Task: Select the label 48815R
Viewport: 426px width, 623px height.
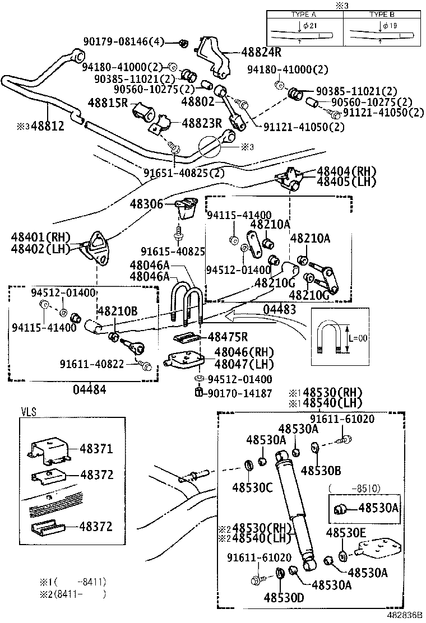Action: (109, 103)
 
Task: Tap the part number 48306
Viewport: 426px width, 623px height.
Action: (147, 204)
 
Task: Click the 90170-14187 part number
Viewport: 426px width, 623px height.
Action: (238, 394)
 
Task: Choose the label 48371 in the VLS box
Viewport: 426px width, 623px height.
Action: (96, 449)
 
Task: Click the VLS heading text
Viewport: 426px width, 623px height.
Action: (28, 412)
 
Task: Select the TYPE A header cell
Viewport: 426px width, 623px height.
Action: (304, 13)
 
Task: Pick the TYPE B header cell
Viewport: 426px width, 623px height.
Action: (382, 13)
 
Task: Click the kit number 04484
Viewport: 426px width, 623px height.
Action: (90, 389)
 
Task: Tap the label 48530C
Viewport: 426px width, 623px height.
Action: (252, 487)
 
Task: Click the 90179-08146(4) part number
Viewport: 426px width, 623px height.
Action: (124, 41)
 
